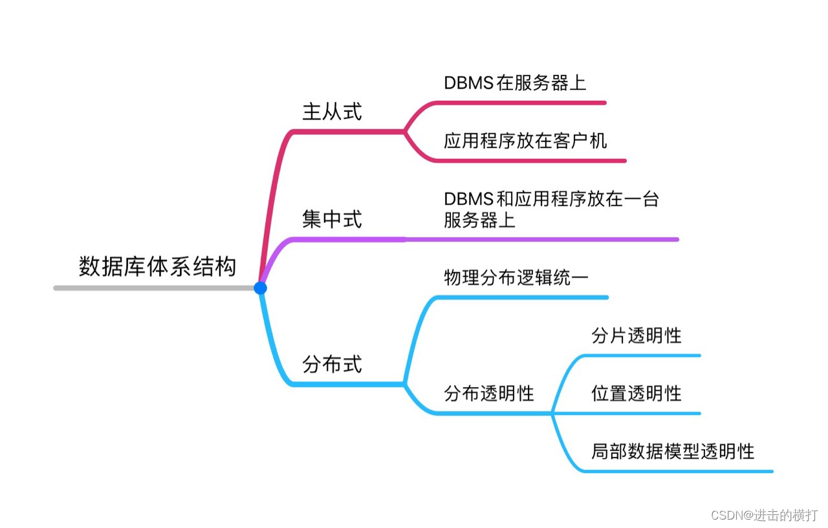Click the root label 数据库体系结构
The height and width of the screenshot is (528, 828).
157,267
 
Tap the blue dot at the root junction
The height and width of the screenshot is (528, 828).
260,288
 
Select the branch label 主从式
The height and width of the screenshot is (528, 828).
332,112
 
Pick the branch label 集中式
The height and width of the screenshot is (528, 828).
332,220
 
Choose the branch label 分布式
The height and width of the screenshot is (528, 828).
332,364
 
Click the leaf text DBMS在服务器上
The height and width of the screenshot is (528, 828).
515,83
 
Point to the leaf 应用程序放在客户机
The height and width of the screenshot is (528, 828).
525,141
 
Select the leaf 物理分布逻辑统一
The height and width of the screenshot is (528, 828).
516,278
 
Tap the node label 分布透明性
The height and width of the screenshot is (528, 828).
489,393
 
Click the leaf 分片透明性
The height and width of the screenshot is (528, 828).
637,335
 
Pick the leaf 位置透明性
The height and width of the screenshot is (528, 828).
637,393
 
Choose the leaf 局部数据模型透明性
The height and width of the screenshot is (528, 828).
673,451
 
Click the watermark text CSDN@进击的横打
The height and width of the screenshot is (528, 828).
764,515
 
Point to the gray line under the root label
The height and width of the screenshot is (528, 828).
155,288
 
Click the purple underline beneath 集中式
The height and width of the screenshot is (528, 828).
349,240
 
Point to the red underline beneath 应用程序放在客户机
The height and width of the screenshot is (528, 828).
530,160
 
